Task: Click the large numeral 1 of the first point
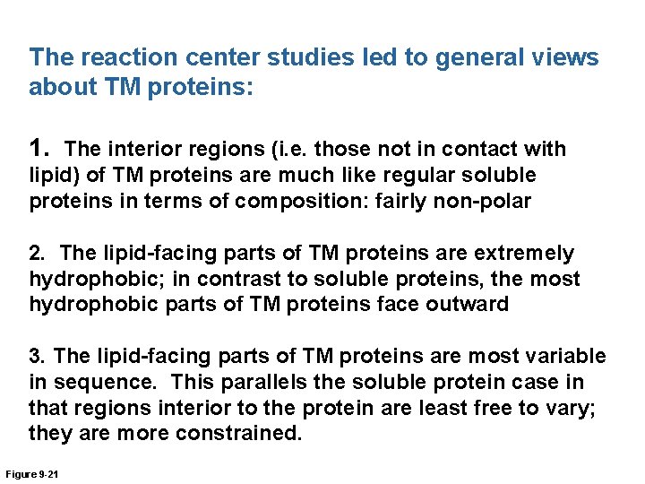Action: pyautogui.click(x=39, y=147)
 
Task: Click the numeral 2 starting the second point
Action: pyautogui.click(x=36, y=254)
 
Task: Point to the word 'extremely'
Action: pyautogui.click(x=532, y=254)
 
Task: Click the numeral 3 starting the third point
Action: pyautogui.click(x=36, y=357)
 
